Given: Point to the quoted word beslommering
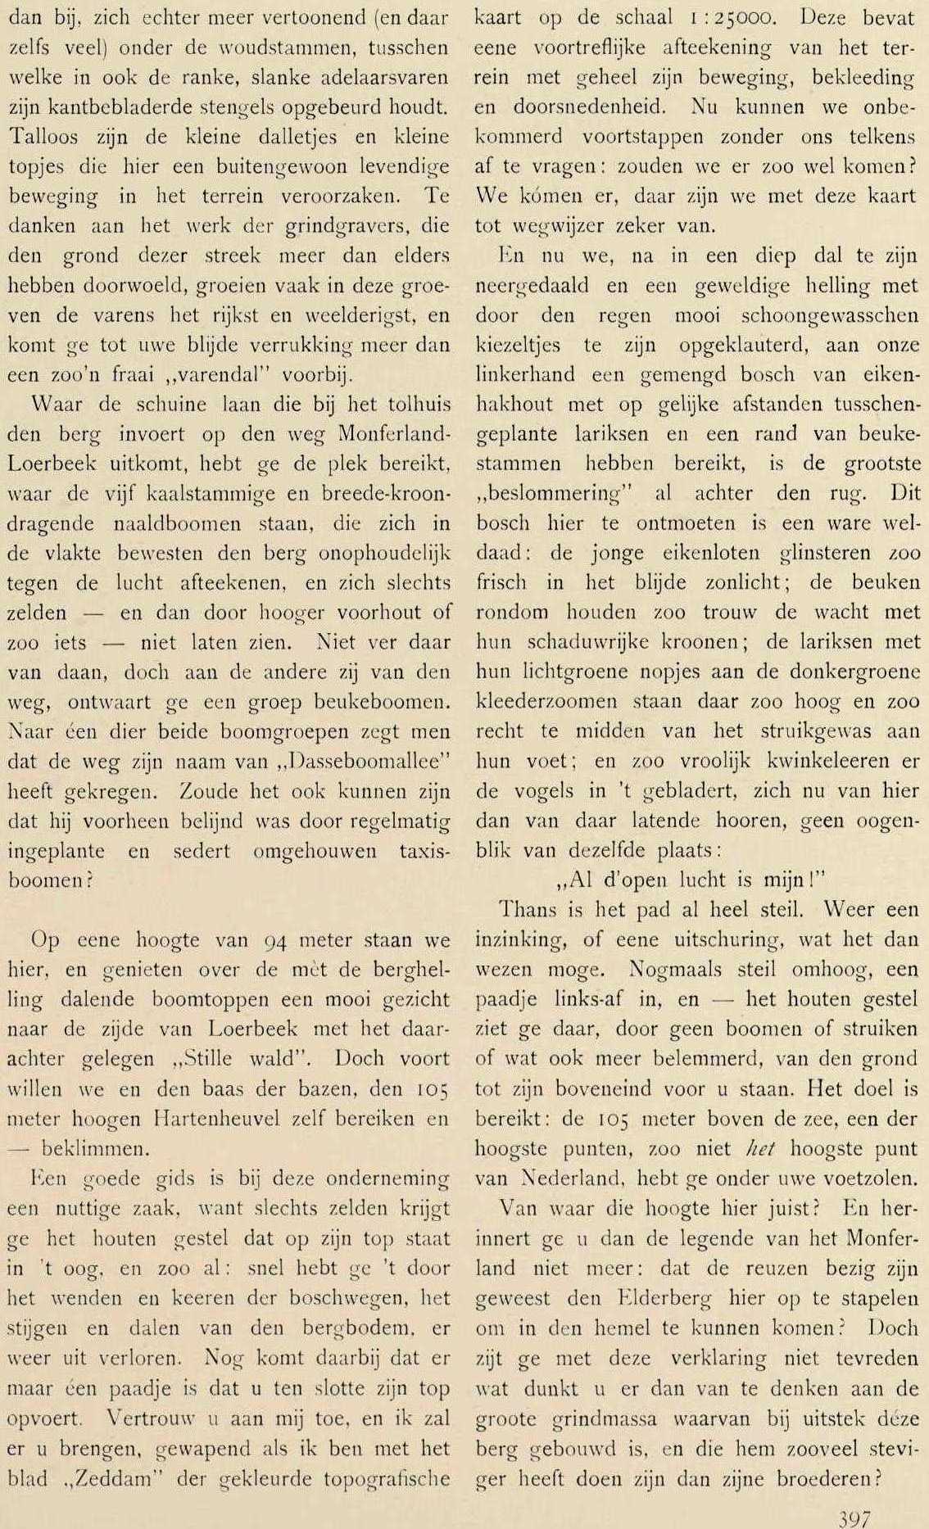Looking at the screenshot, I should pyautogui.click(x=552, y=494).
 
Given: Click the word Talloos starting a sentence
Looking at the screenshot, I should pyautogui.click(x=50, y=137).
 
